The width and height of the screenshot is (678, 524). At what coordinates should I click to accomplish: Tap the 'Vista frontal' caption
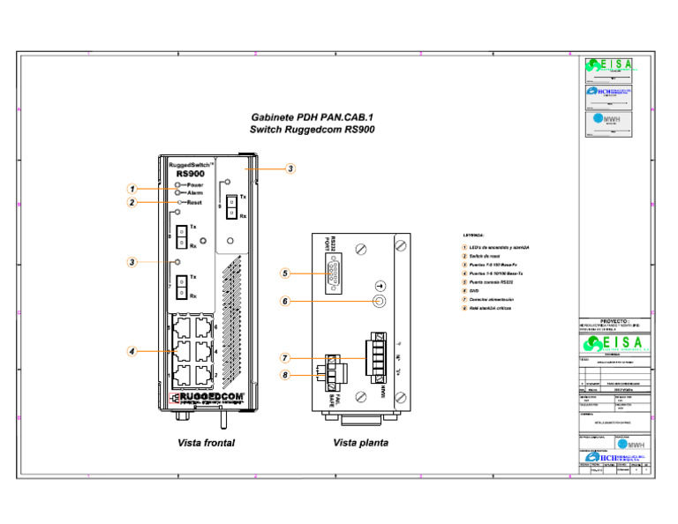point(206,443)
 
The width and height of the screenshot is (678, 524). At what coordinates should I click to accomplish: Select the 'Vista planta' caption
point(360,443)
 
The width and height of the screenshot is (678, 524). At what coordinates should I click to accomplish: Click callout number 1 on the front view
point(131,188)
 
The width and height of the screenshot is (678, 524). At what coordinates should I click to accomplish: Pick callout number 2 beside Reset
point(131,202)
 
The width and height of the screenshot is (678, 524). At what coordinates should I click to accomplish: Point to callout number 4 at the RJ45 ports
point(131,351)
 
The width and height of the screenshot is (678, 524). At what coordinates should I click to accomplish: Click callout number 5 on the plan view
point(285,273)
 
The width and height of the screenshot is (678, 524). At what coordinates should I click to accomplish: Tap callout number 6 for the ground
point(285,301)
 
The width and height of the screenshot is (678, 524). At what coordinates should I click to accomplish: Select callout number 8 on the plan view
point(285,375)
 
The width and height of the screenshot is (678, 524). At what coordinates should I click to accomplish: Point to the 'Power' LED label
point(195,184)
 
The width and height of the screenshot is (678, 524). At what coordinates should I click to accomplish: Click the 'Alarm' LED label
point(195,192)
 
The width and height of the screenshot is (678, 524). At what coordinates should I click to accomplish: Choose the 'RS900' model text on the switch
point(190,173)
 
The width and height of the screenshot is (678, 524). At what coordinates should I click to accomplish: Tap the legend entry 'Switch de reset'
point(486,256)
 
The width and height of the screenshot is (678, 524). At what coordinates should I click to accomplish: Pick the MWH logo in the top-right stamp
point(610,120)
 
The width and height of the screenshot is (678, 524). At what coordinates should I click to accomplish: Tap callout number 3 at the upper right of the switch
point(290,168)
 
